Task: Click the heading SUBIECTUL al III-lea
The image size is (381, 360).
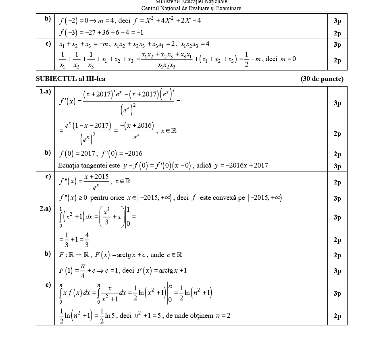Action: [71, 79]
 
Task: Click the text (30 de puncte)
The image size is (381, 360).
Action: [322, 79]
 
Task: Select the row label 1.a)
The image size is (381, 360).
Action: [45, 92]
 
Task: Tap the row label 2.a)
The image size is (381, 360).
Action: [45, 209]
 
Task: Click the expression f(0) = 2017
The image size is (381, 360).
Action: [77, 153]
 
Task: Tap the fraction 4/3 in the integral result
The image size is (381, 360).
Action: [87, 240]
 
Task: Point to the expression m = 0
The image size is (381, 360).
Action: [288, 59]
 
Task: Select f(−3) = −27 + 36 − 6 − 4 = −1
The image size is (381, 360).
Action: [101, 32]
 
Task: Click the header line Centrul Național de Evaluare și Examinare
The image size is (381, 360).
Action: [191, 8]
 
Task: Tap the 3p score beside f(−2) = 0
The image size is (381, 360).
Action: [337, 21]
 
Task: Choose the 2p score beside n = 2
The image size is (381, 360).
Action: [337, 316]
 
